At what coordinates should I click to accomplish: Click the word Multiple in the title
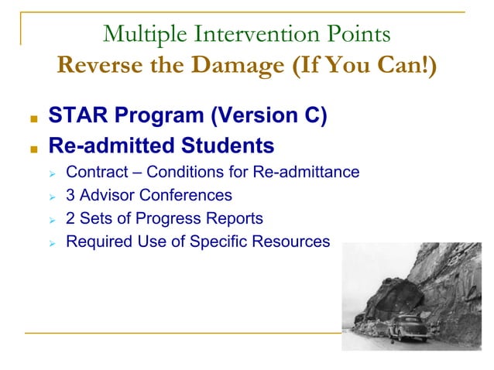pos(140,35)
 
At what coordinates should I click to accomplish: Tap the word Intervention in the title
pos(241,35)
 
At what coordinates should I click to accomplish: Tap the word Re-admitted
pos(105,145)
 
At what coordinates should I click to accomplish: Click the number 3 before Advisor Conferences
pos(70,195)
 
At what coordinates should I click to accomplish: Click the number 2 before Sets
pos(70,218)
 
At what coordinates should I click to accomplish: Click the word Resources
pos(295,242)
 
